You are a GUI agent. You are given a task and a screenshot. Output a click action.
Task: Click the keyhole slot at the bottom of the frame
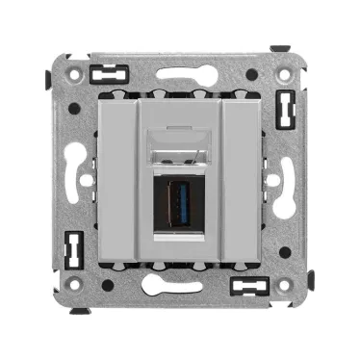181,286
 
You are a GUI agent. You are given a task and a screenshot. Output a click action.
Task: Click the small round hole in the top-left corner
70,67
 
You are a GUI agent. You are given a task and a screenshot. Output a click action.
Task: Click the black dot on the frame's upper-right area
251,74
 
